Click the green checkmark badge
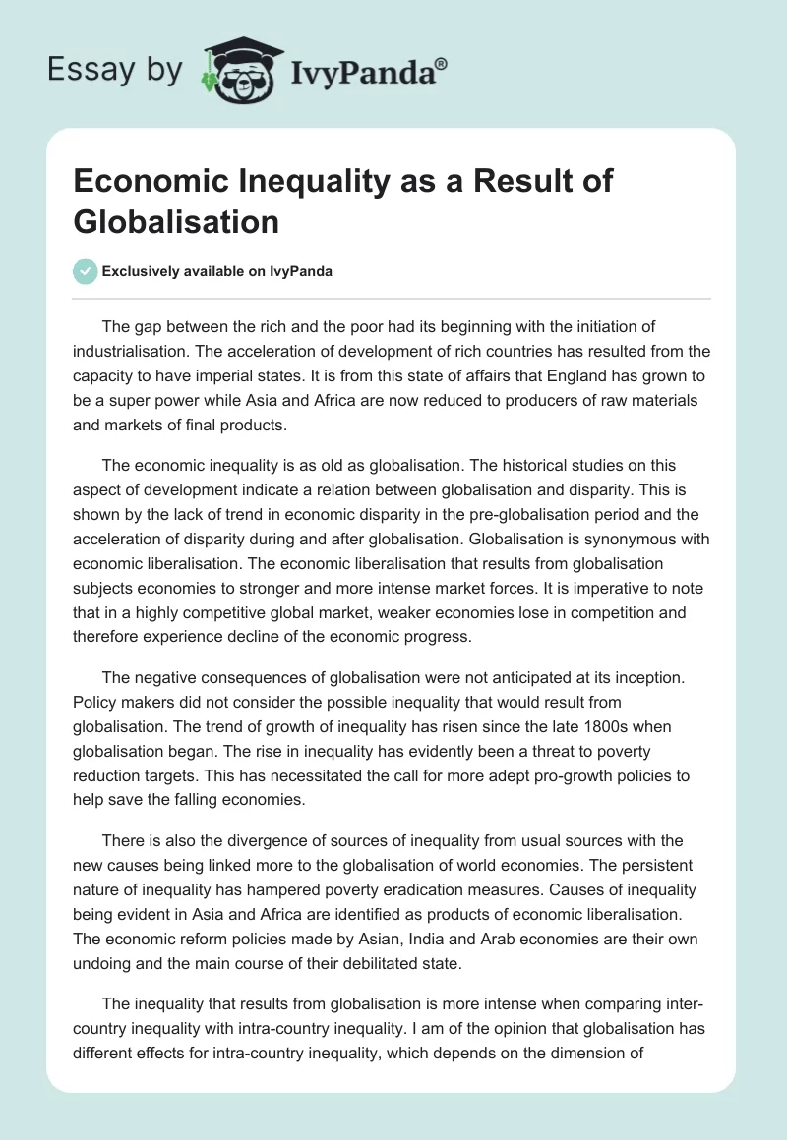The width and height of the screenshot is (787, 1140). (x=86, y=271)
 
